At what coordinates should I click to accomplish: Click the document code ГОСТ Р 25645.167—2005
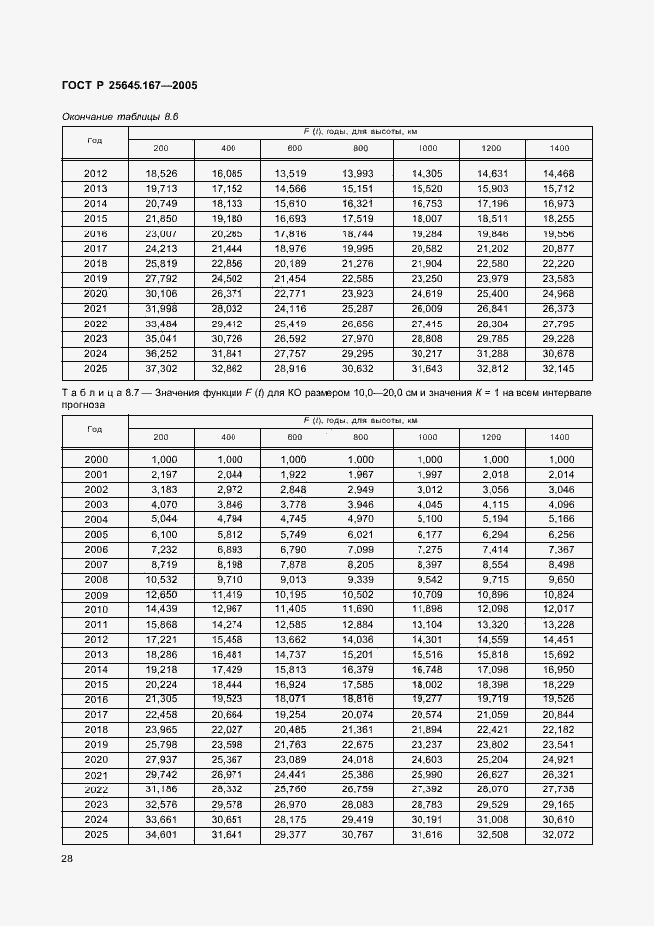(x=130, y=86)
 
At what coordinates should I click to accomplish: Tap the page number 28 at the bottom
(x=68, y=858)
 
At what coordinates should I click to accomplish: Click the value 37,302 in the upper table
(x=161, y=368)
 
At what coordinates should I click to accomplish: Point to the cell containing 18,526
(x=161, y=173)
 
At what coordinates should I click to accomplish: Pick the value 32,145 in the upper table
(x=559, y=368)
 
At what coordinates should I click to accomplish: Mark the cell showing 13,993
(x=360, y=173)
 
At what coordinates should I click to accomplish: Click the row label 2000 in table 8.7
(x=96, y=460)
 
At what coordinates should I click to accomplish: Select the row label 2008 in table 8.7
(x=96, y=580)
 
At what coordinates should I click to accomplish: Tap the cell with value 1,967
(x=360, y=475)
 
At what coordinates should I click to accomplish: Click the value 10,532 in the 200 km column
(x=161, y=580)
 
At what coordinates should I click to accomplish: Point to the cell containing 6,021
(x=360, y=534)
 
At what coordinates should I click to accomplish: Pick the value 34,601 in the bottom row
(x=161, y=834)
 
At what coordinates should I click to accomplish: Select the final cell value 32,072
(x=559, y=834)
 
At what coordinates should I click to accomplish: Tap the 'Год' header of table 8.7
(x=95, y=429)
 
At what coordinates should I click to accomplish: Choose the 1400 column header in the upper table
(x=559, y=148)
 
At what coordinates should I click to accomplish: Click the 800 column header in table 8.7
(x=360, y=436)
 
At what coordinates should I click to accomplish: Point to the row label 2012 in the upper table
(x=96, y=173)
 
